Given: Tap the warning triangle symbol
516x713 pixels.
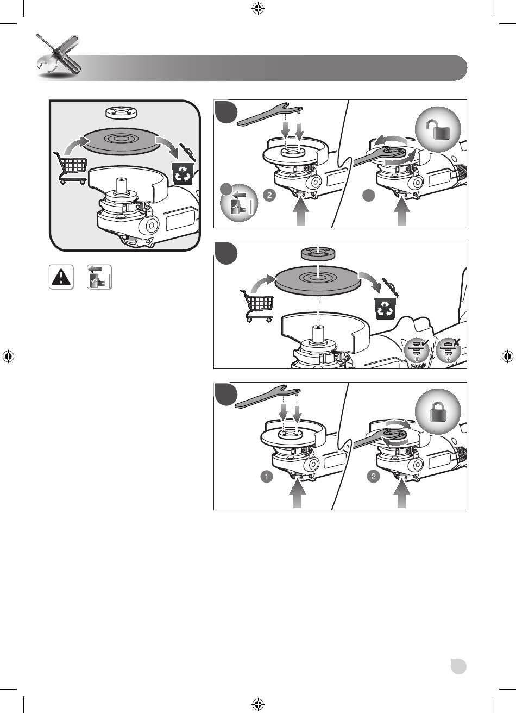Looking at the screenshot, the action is [x=61, y=277].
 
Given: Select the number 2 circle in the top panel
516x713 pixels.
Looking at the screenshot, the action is [x=269, y=195].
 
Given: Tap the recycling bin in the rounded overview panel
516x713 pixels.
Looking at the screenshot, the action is [x=183, y=174].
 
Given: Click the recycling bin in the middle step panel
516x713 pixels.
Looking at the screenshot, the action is [x=386, y=308].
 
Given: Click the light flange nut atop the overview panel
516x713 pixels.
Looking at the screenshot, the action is [x=120, y=112].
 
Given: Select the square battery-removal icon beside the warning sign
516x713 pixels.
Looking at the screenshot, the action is [x=99, y=277].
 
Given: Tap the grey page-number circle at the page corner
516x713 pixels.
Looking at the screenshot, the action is [x=458, y=666].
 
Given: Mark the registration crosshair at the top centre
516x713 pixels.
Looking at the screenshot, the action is [x=258, y=9].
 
